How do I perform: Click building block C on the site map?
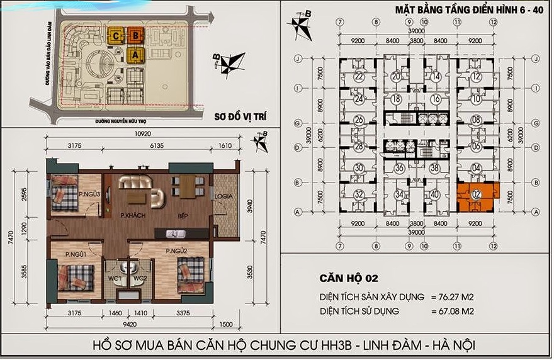(116, 37)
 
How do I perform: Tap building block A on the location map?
(135, 55)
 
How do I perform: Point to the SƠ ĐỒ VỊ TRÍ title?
(235, 116)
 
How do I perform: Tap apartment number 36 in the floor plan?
(399, 168)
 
